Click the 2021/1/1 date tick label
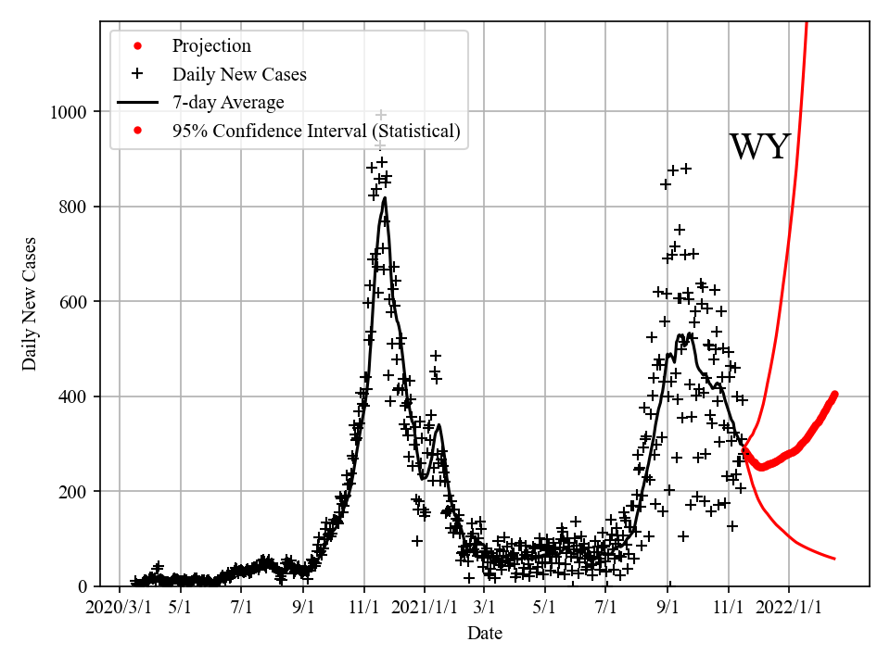425,607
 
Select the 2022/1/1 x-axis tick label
789,607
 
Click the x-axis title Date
485,634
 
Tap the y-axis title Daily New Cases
31,303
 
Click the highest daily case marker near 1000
381,115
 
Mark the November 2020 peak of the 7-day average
385,198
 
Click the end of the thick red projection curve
834,395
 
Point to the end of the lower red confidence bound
834,559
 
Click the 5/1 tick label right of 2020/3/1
180,607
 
